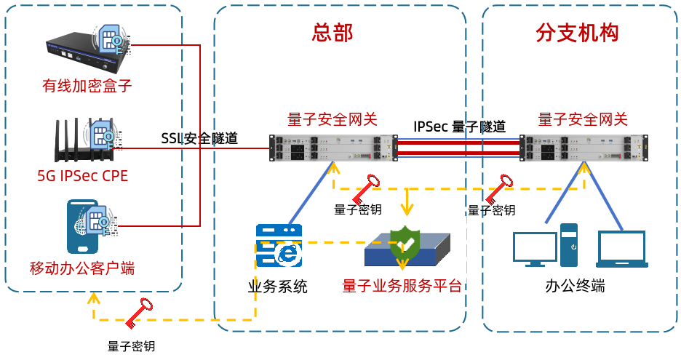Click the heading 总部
tap(332, 32)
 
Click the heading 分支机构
tap(577, 32)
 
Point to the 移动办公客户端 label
tap(82, 268)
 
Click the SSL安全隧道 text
tap(199, 138)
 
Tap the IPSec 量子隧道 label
tap(459, 126)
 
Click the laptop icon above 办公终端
tap(621, 249)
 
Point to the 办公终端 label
tap(575, 285)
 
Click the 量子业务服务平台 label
tap(402, 285)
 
